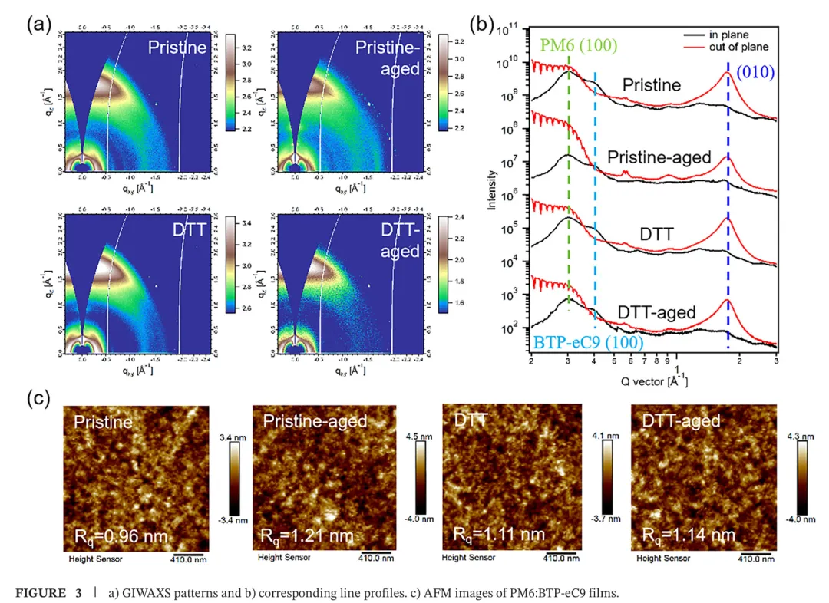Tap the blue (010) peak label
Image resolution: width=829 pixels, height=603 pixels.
pyautogui.click(x=754, y=72)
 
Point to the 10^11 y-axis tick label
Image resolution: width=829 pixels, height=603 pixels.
pyautogui.click(x=509, y=31)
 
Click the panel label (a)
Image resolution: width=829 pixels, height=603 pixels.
pyautogui.click(x=39, y=24)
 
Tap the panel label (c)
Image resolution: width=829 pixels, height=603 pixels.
pyautogui.click(x=39, y=399)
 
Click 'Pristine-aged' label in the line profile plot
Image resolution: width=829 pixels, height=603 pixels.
pyautogui.click(x=659, y=158)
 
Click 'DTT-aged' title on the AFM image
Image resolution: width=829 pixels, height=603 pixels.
pyautogui.click(x=681, y=420)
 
